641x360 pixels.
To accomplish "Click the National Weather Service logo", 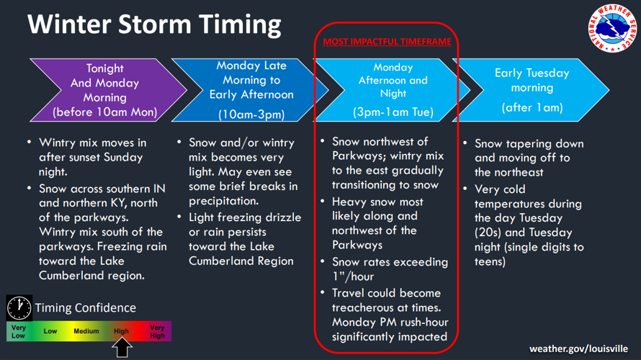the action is coord(612,28).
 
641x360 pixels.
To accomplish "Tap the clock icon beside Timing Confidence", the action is coord(19,307).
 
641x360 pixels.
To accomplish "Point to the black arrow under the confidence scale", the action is coord(122,348).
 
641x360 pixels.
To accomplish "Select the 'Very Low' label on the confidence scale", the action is coord(19,331).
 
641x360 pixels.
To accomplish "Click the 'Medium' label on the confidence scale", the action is coord(86,331).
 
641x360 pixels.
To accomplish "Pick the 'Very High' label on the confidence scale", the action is coord(158,331).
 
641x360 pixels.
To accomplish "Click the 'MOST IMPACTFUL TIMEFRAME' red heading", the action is coord(387,42).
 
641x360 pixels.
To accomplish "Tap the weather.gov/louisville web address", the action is coord(578,348).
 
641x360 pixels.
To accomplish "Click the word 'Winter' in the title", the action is coord(69,24).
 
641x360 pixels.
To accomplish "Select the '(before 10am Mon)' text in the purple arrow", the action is coord(104,112).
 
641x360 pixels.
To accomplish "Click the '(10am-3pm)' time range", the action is coord(251,114).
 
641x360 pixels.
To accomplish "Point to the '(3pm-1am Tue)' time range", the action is coord(393,112).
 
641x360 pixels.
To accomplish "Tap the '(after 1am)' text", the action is coord(532,107).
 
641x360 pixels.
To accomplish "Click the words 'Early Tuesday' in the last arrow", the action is coord(532,73).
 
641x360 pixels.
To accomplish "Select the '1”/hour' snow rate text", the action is coord(353,276).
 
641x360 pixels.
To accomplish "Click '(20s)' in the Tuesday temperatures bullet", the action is coord(488,233).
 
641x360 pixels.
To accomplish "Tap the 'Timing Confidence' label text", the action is coord(86,307).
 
